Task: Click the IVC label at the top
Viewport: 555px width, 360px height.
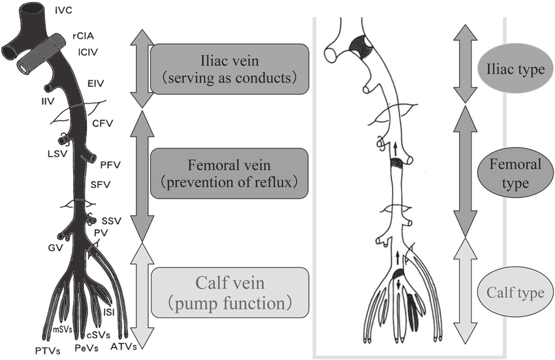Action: pos(63,11)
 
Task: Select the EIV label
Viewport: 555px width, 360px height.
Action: pos(95,84)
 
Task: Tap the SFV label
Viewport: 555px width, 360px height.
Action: pos(100,184)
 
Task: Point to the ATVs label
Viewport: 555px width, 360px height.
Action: pos(124,346)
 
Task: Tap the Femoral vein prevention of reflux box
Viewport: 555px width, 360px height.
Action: pos(229,172)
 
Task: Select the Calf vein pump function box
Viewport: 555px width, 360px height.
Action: pos(229,292)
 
